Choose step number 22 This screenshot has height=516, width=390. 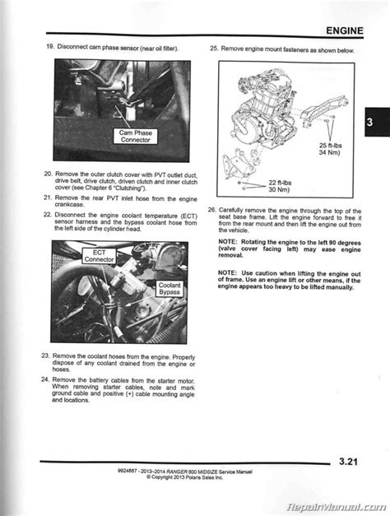(x=48, y=215)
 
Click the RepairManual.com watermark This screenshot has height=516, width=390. (x=341, y=506)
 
